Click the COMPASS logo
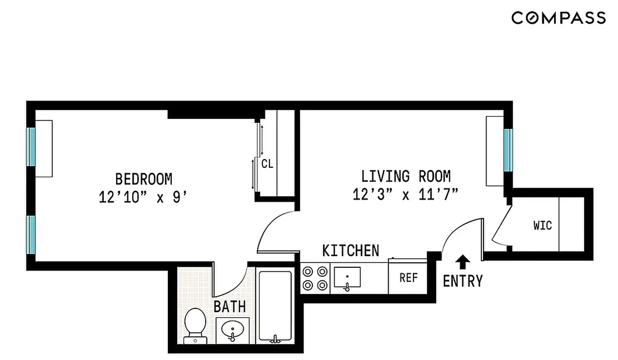point(558,18)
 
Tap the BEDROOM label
point(143,179)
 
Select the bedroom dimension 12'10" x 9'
point(143,197)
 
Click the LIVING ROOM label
point(406,176)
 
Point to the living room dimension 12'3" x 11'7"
point(406,195)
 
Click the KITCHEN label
point(350,251)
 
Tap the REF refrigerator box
point(408,278)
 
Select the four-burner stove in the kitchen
point(315,278)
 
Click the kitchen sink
point(347,278)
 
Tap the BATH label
point(229,307)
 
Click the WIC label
point(542,225)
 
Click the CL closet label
point(267,164)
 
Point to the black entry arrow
point(463,262)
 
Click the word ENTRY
point(462,281)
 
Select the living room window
point(508,150)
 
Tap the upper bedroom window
point(31,147)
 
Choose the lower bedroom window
point(31,234)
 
